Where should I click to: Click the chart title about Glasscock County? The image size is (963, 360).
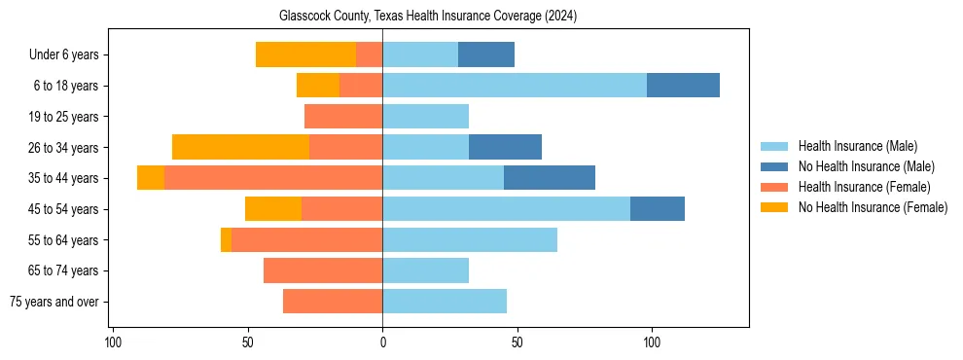428,17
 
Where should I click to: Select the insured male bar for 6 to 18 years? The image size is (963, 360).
515,86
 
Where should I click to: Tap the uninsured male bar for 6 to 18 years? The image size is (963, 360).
683,86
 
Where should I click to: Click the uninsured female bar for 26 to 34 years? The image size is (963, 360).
240,147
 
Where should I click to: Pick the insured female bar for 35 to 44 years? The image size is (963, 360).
273,178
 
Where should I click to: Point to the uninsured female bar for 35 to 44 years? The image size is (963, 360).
151,178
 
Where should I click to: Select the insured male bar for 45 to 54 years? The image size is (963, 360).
506,209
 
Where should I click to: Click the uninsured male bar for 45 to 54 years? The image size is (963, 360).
658,209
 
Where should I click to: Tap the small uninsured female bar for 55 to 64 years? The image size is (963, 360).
226,239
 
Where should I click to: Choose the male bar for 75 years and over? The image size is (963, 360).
445,302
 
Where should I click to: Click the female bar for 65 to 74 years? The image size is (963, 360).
323,270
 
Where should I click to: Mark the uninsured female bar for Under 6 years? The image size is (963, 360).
305,54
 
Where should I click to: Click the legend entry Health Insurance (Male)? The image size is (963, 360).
857,146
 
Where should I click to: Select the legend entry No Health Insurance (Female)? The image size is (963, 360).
873,207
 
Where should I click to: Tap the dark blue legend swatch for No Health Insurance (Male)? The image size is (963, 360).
774,166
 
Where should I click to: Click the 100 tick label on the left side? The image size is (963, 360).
113,343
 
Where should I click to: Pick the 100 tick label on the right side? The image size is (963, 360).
652,343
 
